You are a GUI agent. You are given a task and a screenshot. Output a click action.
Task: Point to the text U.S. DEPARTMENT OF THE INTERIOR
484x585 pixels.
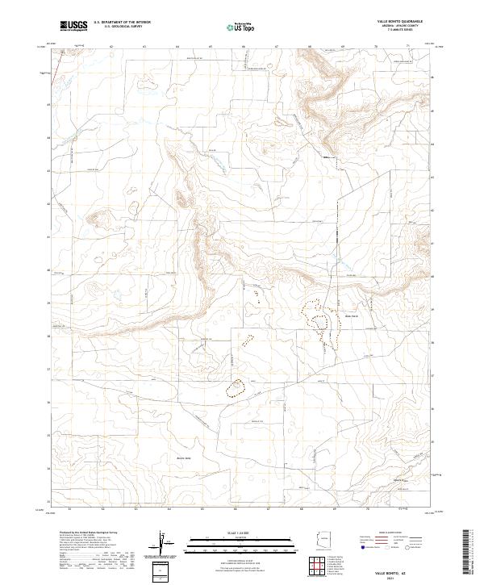[x=123, y=23]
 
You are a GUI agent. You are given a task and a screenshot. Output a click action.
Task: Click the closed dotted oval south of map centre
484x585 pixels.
[x=236, y=388]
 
